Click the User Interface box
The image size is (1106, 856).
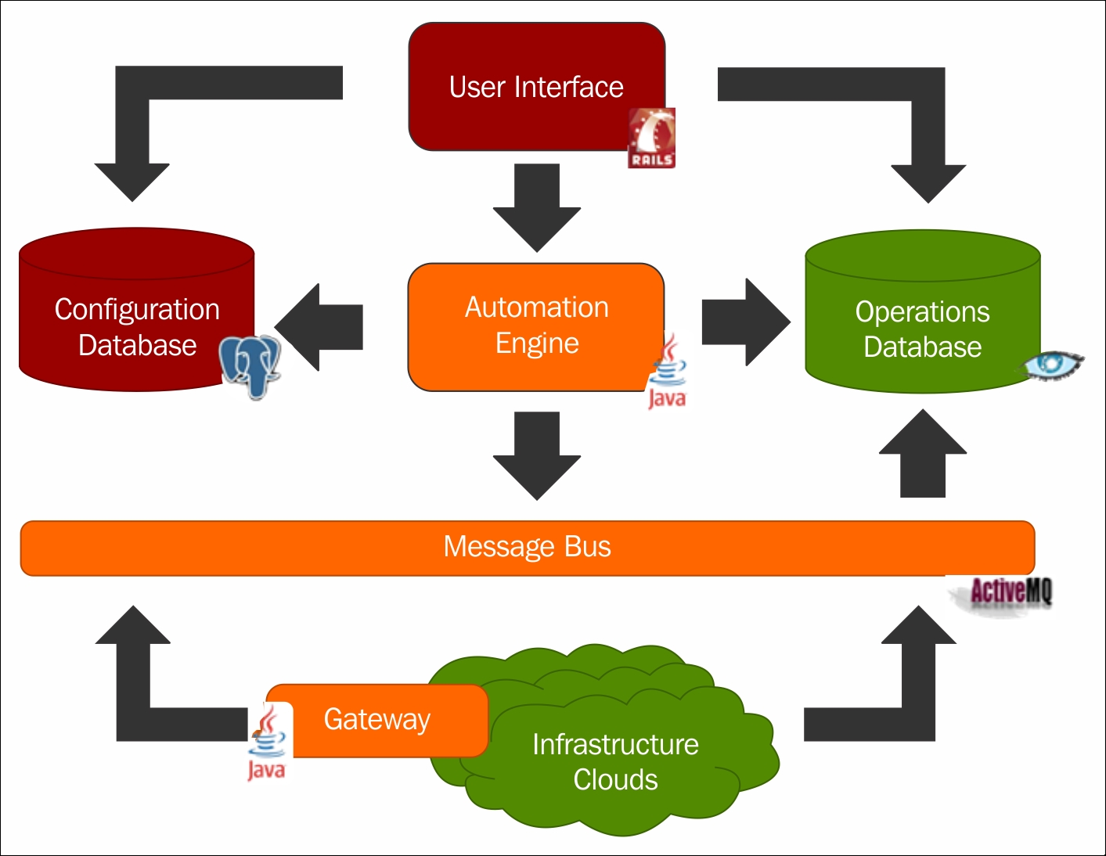(536, 86)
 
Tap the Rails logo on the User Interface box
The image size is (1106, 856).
(651, 138)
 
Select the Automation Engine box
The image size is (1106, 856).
(536, 325)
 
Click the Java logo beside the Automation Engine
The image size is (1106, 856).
(667, 372)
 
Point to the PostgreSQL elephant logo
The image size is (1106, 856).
(250, 365)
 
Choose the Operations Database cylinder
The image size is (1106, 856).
(922, 329)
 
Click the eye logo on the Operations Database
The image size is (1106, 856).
(1054, 365)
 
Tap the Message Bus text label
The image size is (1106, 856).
(527, 547)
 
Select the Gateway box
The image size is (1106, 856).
(377, 719)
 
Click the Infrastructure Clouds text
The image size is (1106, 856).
(615, 761)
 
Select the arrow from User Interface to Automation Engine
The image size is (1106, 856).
(537, 207)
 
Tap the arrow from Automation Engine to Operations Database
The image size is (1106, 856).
(744, 322)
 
